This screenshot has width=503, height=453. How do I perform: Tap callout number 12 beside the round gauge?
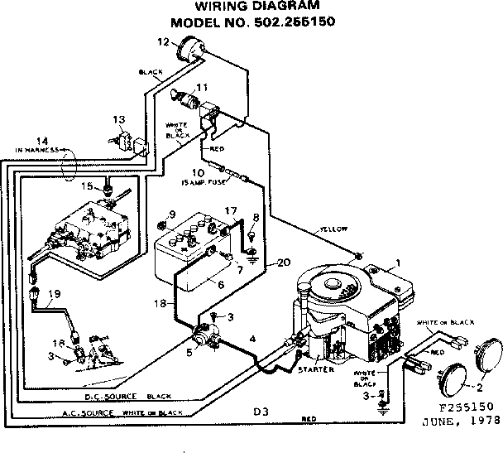pos(163,41)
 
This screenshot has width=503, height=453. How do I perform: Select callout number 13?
pos(119,119)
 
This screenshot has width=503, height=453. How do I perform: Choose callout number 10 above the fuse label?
pos(199,171)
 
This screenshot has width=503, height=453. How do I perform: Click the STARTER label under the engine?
pos(316,369)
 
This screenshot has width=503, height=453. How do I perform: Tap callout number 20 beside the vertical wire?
pos(284,263)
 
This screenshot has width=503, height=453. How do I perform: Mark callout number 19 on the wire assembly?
pos(55,293)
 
